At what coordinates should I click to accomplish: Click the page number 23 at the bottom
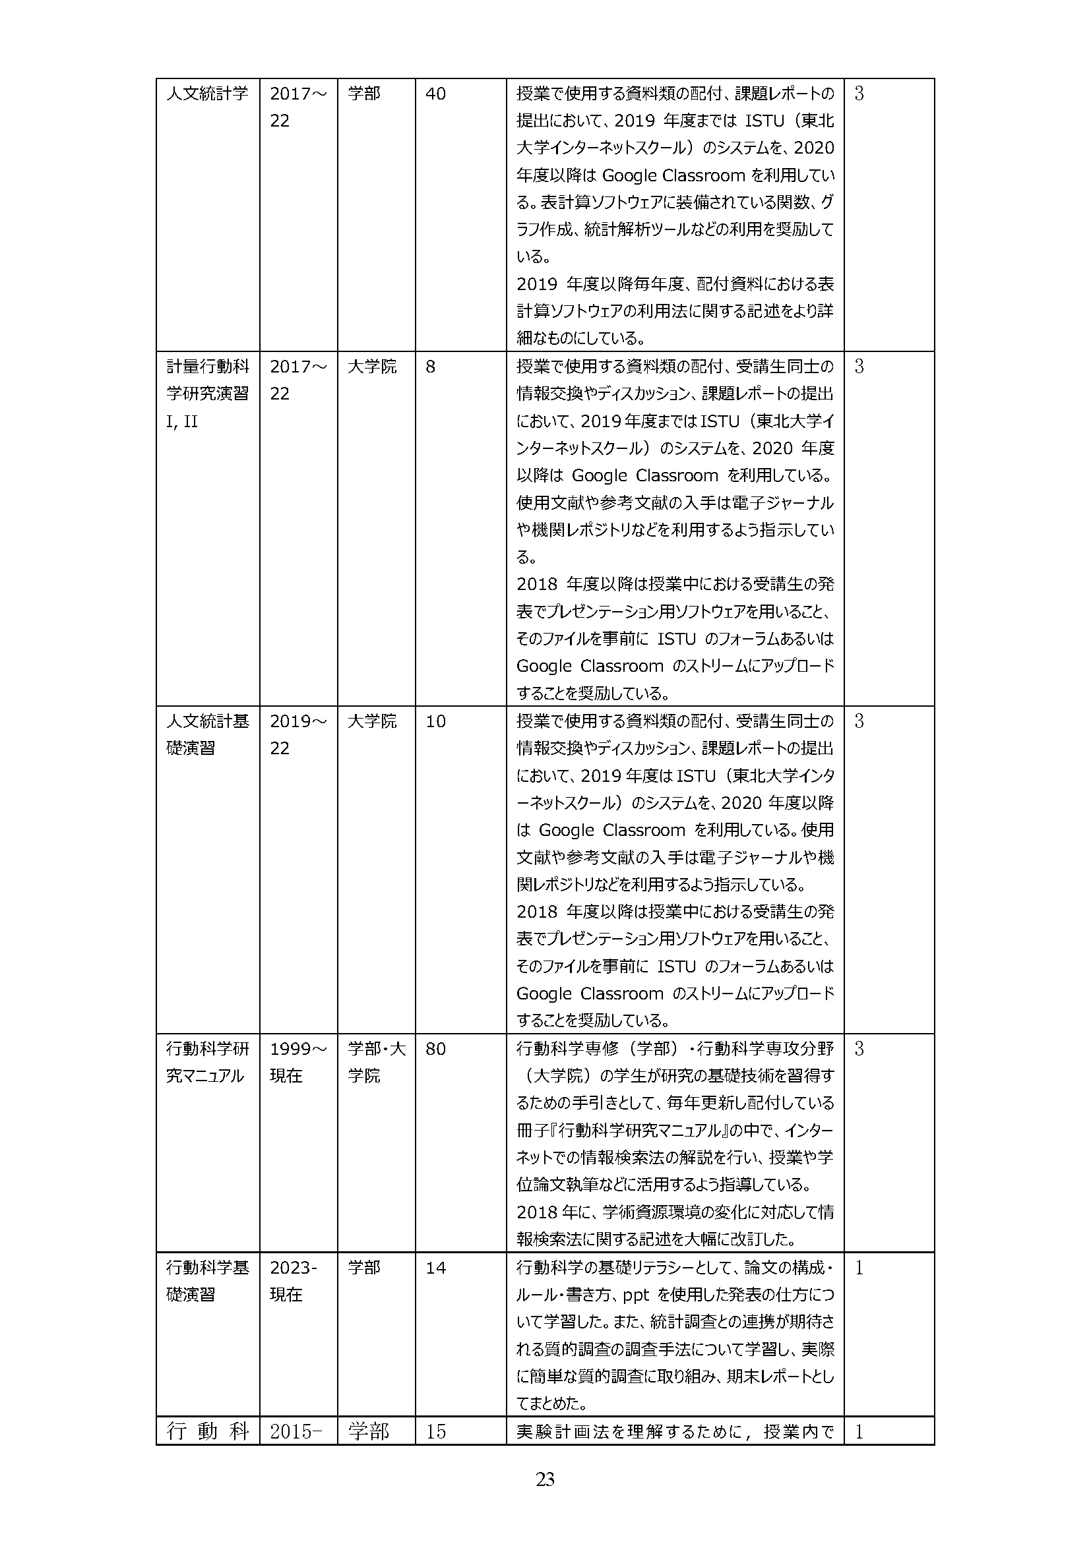(x=545, y=1479)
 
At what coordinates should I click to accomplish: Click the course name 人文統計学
(x=207, y=94)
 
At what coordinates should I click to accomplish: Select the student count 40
(x=435, y=94)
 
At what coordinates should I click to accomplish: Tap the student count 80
(x=435, y=1049)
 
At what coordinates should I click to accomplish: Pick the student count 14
(x=435, y=1268)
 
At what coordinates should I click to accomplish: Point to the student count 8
(x=431, y=367)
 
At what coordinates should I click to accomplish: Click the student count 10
(x=435, y=721)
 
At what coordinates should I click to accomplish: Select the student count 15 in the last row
(x=435, y=1431)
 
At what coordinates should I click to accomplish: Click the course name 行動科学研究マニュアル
(x=207, y=1063)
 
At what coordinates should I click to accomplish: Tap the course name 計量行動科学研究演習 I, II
(x=207, y=394)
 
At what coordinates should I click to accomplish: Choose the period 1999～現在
(x=297, y=1063)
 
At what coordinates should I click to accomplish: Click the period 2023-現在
(x=293, y=1281)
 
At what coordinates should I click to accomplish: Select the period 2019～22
(x=297, y=734)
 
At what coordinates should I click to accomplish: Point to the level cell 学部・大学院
(x=376, y=1063)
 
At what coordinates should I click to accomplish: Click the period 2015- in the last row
(x=296, y=1431)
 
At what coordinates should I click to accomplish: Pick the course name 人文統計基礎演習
(x=207, y=734)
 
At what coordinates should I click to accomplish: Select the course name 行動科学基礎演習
(x=207, y=1281)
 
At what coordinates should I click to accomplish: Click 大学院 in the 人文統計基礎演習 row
(x=372, y=721)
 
